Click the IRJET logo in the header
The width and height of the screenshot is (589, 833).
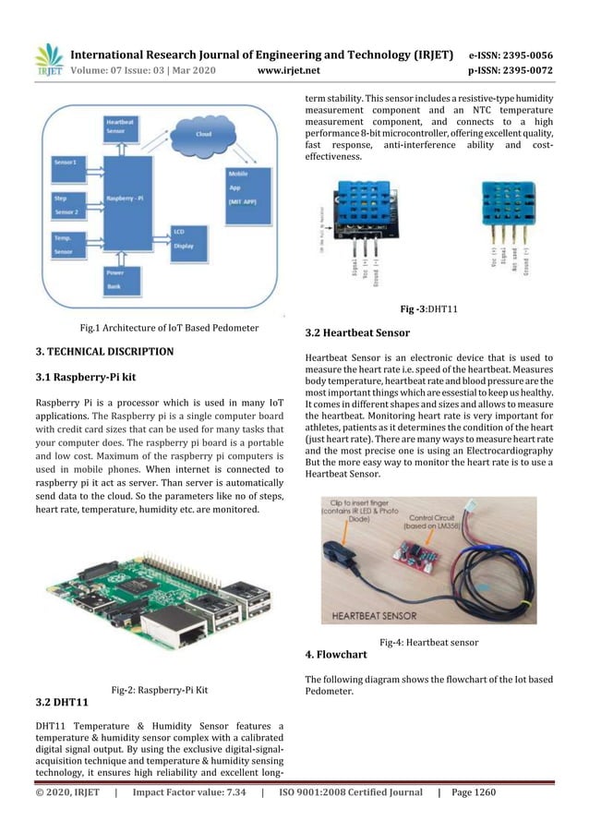(48, 58)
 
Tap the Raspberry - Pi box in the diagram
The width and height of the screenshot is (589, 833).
(128, 198)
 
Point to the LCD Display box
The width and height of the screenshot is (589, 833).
(186, 240)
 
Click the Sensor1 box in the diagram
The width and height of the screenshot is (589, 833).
(68, 163)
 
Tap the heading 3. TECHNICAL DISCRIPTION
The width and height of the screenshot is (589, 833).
(104, 352)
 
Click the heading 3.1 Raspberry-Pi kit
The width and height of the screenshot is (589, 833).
(85, 377)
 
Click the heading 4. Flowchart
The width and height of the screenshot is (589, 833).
(336, 654)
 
